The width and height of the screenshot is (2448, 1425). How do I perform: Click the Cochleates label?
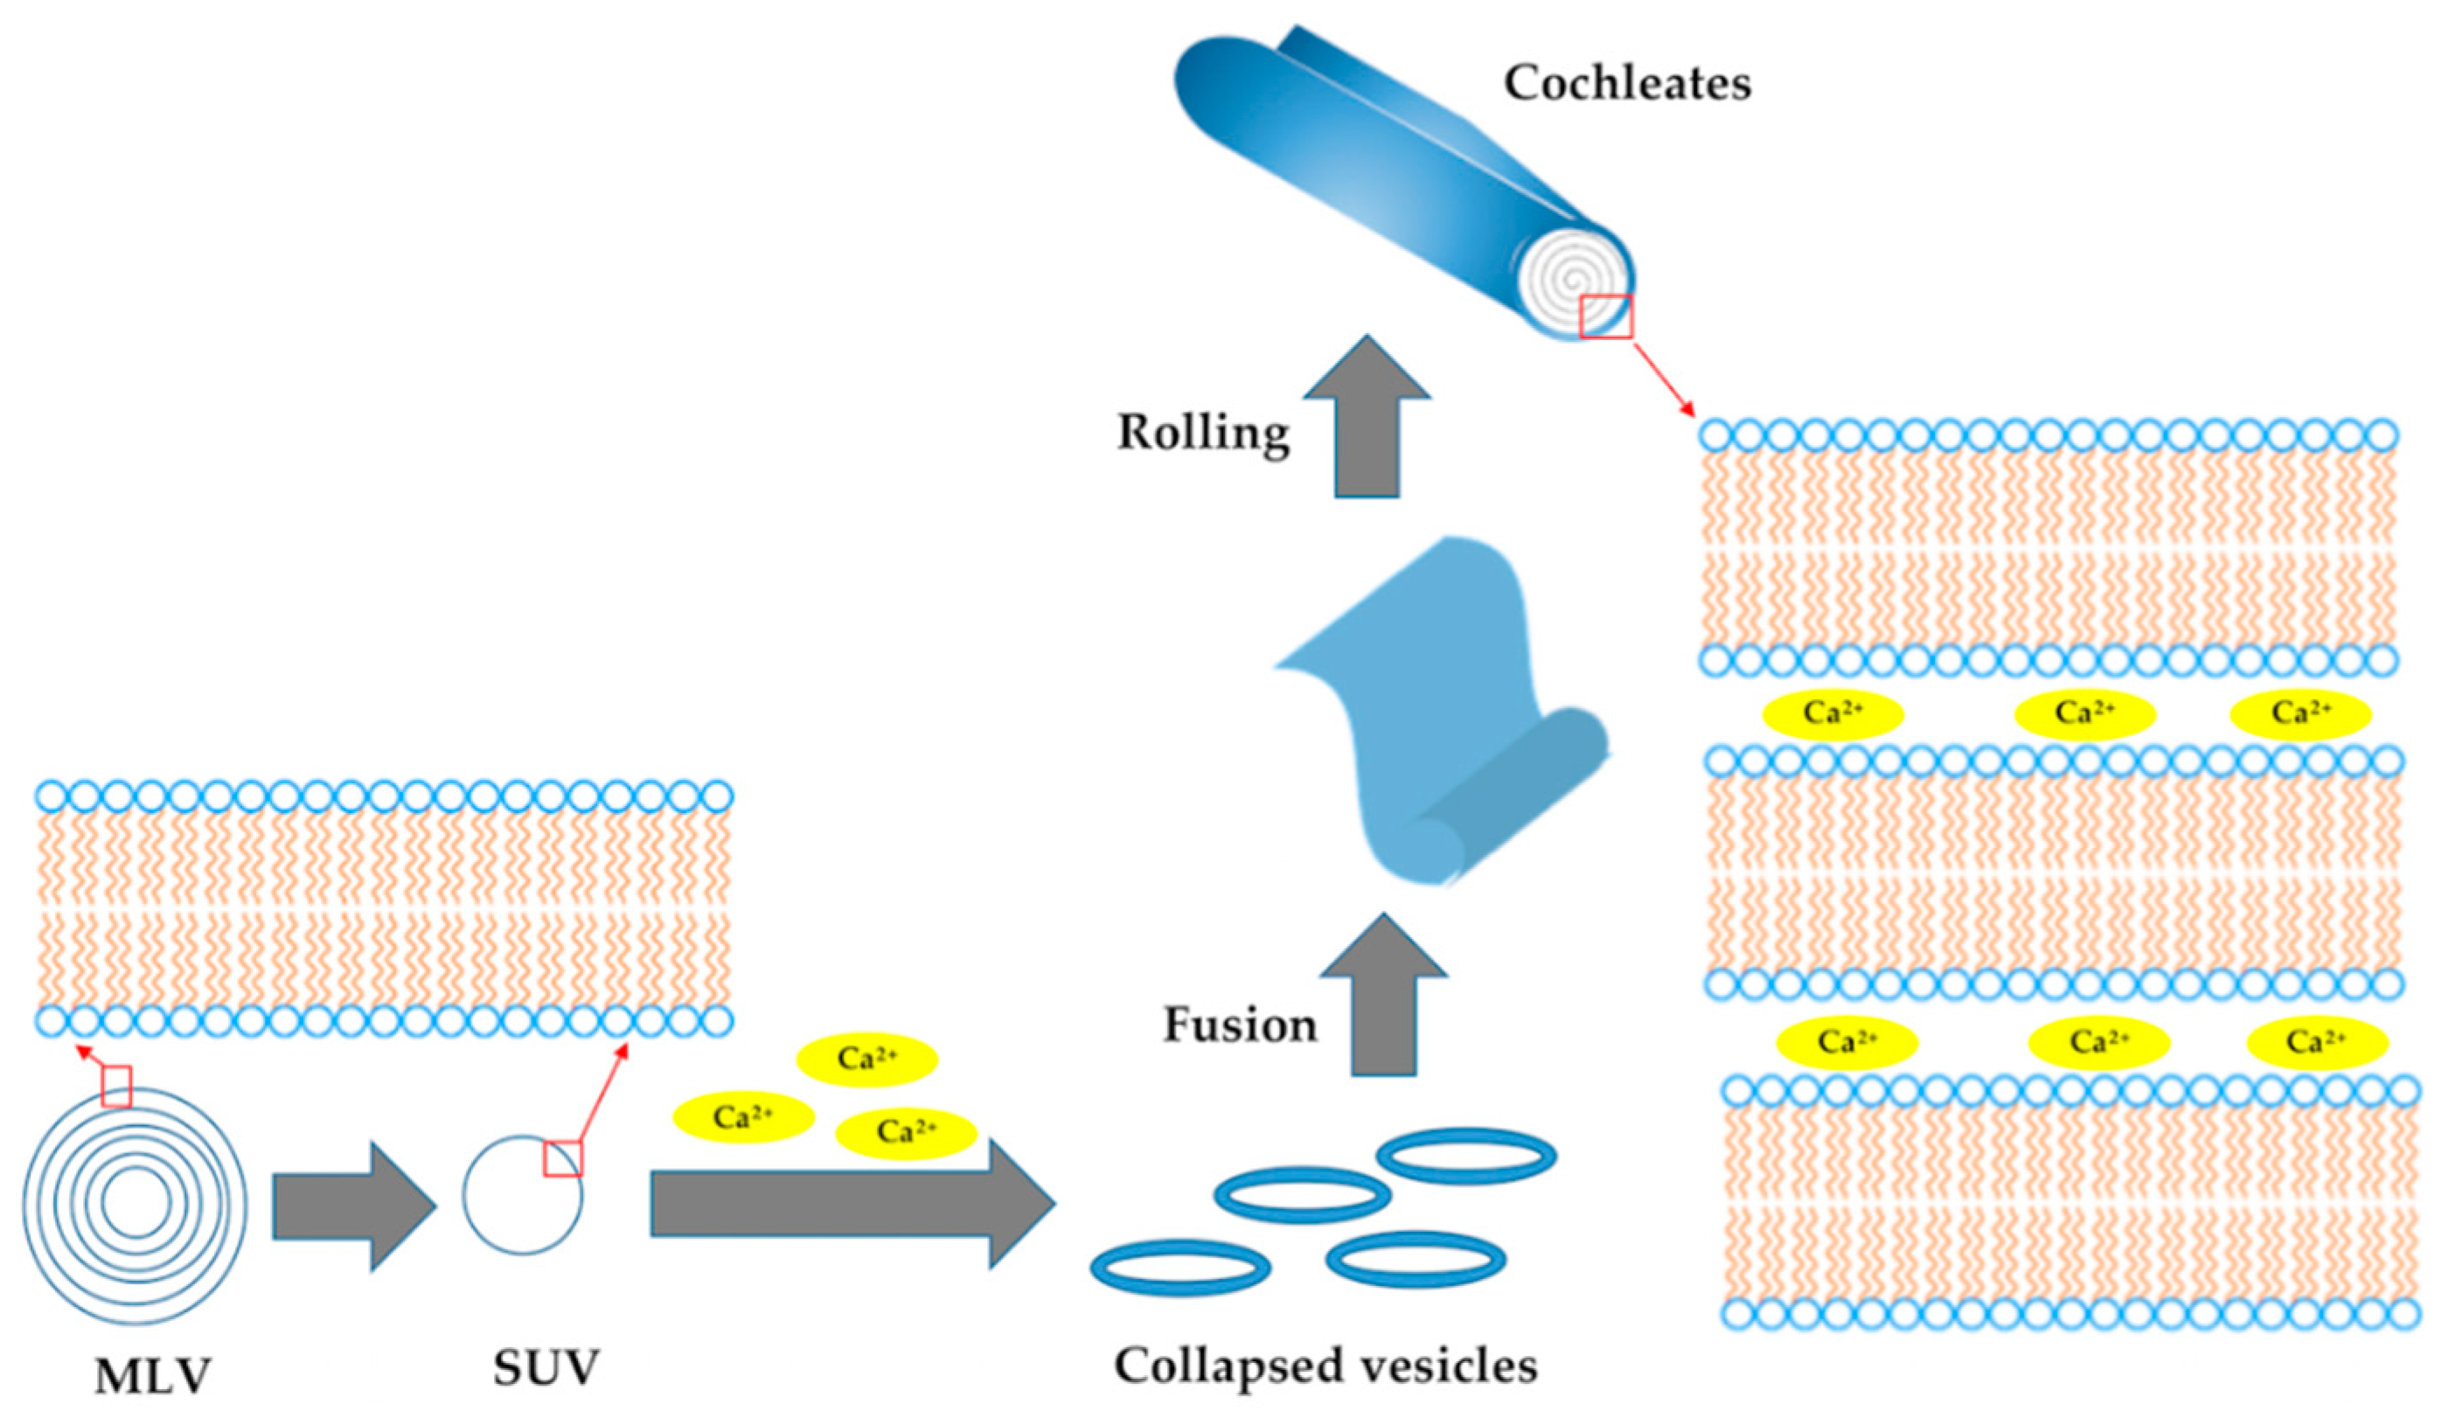point(1627,84)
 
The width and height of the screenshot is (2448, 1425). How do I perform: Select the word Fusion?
point(1240,1025)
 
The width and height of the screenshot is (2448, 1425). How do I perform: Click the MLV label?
point(152,1375)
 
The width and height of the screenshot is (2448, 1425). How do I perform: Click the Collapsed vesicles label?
point(1325,1366)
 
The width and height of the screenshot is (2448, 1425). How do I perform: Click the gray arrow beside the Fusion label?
point(1383,997)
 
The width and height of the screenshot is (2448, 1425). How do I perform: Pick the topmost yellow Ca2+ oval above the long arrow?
point(866,1059)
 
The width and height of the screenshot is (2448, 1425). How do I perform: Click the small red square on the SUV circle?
point(563,1159)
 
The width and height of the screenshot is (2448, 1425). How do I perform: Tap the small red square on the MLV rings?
point(116,1086)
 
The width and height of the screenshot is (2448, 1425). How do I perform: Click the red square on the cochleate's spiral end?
point(1606,317)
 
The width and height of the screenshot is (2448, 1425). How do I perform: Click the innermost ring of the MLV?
point(136,1203)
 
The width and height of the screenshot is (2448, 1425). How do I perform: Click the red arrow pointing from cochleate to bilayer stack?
point(1663,379)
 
